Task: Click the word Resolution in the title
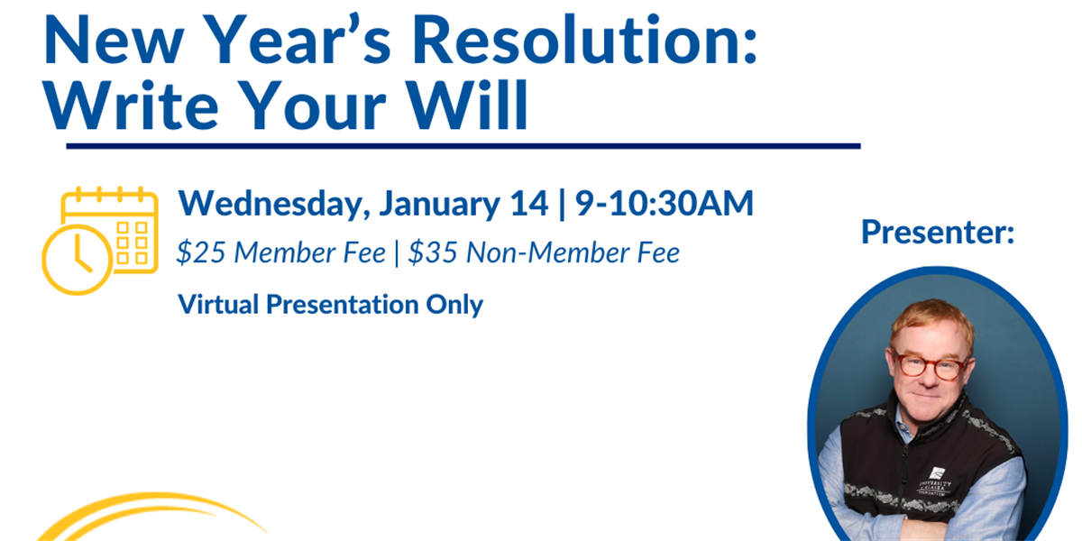coord(584,40)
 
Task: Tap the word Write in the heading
coord(131,105)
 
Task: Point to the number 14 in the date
coord(529,204)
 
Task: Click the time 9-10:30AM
coord(665,204)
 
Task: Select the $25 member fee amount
coord(201,252)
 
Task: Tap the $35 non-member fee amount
coord(433,252)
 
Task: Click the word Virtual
coord(218,305)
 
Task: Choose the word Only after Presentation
coord(454,306)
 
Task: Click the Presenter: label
coord(938,233)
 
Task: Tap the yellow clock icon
coord(78,260)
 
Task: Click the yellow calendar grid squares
coord(133,243)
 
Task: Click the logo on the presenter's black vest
coord(936,481)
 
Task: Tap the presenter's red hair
coord(932,320)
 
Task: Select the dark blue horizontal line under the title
coord(463,146)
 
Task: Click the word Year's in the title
coord(299,40)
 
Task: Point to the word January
coord(440,204)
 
